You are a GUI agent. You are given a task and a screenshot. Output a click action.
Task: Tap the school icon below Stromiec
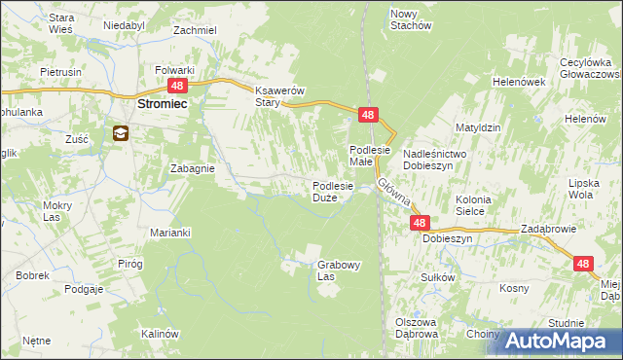121,133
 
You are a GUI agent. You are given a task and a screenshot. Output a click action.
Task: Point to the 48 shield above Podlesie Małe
367,115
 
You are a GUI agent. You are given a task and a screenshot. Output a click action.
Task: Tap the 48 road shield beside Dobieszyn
419,223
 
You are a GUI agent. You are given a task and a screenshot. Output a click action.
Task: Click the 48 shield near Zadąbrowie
582,264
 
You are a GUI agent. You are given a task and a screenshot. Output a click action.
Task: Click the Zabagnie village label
192,167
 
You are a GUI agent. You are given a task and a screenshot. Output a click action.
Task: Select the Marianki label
169,233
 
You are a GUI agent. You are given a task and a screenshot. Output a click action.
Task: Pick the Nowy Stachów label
410,19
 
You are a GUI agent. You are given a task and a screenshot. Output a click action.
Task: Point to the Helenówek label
518,83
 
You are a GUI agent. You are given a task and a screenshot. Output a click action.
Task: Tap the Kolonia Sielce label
478,204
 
